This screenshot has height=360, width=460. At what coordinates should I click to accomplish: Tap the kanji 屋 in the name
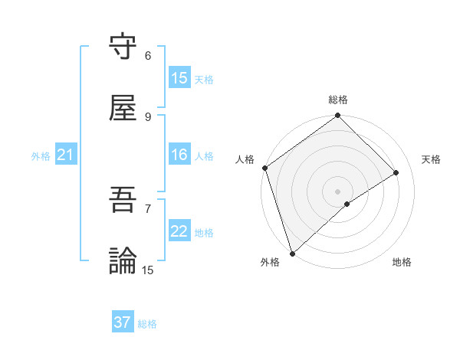tap(123, 109)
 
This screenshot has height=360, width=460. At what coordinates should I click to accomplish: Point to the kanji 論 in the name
tap(123, 260)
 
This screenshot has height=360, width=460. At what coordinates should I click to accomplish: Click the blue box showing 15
tap(179, 78)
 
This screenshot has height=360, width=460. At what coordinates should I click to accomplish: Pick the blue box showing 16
tap(179, 155)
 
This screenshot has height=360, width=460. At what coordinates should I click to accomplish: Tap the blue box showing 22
tap(179, 232)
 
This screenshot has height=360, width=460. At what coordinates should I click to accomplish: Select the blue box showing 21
tap(66, 155)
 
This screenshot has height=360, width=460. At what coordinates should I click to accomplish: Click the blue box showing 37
tap(123, 322)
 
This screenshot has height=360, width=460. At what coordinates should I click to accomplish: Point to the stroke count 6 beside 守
tap(148, 56)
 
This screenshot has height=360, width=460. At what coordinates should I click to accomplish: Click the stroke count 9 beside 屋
tap(148, 116)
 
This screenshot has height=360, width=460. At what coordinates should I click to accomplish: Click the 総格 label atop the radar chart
tap(338, 100)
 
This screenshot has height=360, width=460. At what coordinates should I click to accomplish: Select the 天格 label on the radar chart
tap(432, 159)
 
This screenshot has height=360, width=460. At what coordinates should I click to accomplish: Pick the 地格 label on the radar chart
tap(402, 262)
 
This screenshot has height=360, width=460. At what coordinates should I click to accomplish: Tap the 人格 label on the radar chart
tap(245, 159)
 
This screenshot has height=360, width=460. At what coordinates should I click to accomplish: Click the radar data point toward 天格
tap(396, 173)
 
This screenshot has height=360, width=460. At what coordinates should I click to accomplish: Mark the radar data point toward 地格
tap(347, 204)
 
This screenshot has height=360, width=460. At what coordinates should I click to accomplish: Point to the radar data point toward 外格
tap(291, 253)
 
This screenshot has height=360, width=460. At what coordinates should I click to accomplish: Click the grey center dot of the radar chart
tap(337, 191)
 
